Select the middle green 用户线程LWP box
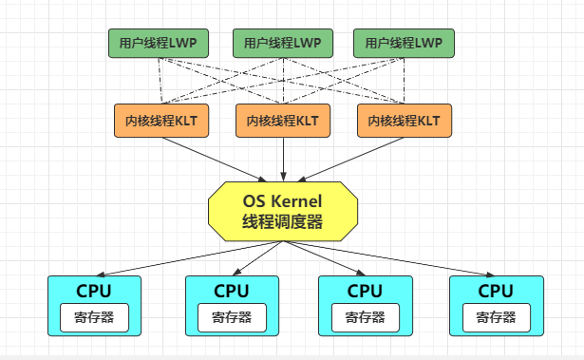coord(282,43)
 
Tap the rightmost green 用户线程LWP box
coord(404,43)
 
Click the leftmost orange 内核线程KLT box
coord(160,121)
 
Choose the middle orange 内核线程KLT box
coord(282,121)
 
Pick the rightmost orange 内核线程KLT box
coord(403,121)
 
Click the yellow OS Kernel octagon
coord(283,211)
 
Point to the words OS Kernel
coord(283,201)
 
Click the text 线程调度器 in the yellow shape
coord(283,221)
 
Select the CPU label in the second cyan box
coord(232,291)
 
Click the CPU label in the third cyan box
coord(365,291)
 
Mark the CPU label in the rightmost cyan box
coord(496,291)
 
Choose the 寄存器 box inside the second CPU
coord(232,317)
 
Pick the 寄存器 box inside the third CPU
coord(365,317)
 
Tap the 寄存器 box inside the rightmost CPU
coord(496,317)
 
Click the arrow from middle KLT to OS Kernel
coord(282,157)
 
